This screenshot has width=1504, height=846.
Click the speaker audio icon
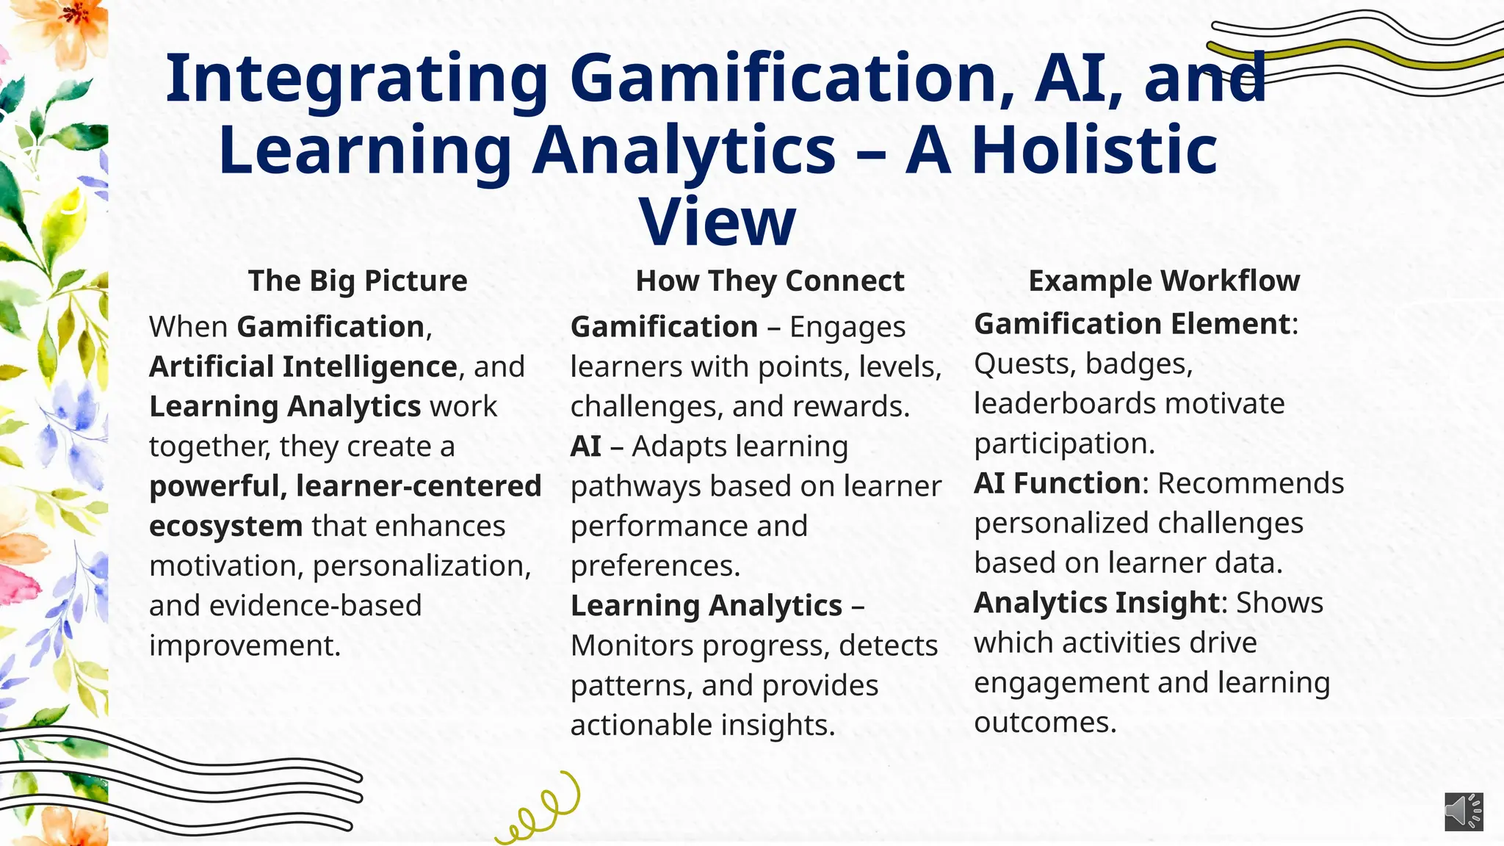coord(1464,811)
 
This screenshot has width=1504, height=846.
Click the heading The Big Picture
coord(358,281)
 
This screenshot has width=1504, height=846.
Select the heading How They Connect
coord(770,281)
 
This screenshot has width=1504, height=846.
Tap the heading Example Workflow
coord(1164,281)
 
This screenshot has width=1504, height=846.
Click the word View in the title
coord(717,222)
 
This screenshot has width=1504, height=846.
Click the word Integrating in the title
coord(357,79)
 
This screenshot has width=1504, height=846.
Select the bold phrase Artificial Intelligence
coord(303,366)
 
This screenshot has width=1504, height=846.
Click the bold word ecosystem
coord(225,526)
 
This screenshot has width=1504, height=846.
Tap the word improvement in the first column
coord(245,646)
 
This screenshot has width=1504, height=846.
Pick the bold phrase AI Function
coord(1057,483)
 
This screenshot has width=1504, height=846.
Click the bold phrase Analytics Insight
coord(1096,603)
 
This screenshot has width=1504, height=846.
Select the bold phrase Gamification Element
coord(1132,324)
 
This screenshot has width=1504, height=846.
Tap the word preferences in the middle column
coord(655,565)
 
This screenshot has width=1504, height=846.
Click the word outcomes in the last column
coord(1044,723)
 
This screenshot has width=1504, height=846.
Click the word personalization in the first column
coord(422,565)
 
